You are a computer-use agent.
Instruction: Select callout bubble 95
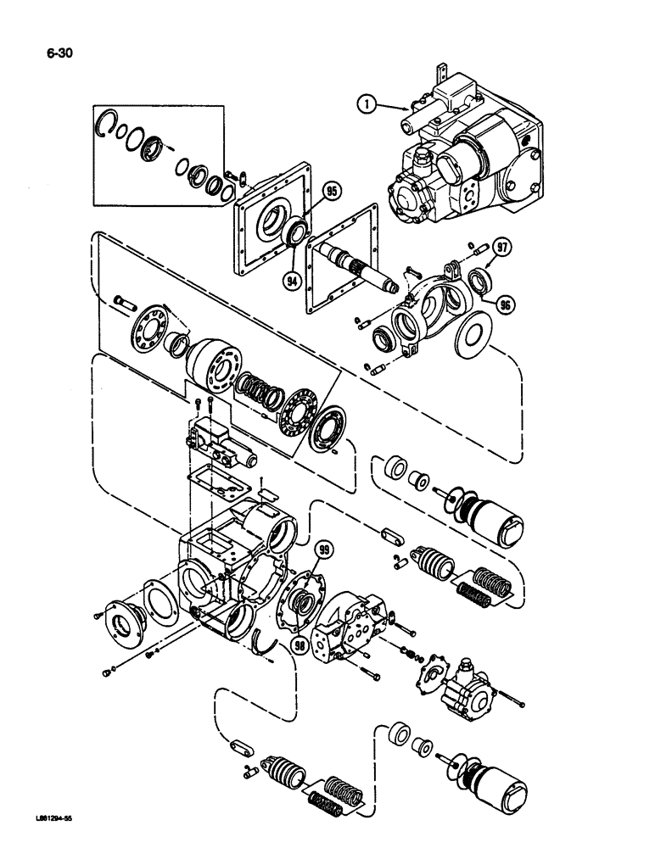(331, 192)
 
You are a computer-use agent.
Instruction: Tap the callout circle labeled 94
(293, 278)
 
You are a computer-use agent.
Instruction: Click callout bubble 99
(322, 552)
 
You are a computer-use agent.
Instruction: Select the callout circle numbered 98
(299, 644)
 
